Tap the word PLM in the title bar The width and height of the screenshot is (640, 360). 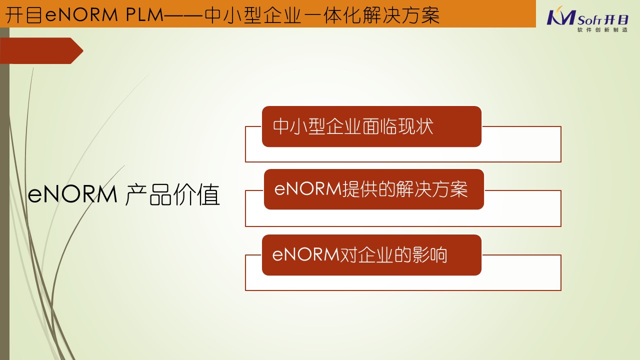pyautogui.click(x=144, y=15)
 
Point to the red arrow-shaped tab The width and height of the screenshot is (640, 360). pyautogui.click(x=41, y=50)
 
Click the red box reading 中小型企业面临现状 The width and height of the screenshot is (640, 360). pyautogui.click(x=371, y=126)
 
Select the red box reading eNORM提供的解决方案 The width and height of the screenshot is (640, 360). pyautogui.click(x=373, y=189)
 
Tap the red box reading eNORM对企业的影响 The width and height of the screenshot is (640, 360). pyautogui.click(x=371, y=255)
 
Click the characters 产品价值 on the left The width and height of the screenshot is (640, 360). pyautogui.click(x=172, y=194)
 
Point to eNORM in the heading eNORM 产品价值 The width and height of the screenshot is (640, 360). pyautogui.click(x=72, y=194)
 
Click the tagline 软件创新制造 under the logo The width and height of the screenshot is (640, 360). pyautogui.click(x=602, y=29)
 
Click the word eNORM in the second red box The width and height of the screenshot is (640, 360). pyautogui.click(x=308, y=189)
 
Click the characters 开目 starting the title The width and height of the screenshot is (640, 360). pyautogui.click(x=24, y=15)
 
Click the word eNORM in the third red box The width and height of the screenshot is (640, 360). pyautogui.click(x=305, y=254)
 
